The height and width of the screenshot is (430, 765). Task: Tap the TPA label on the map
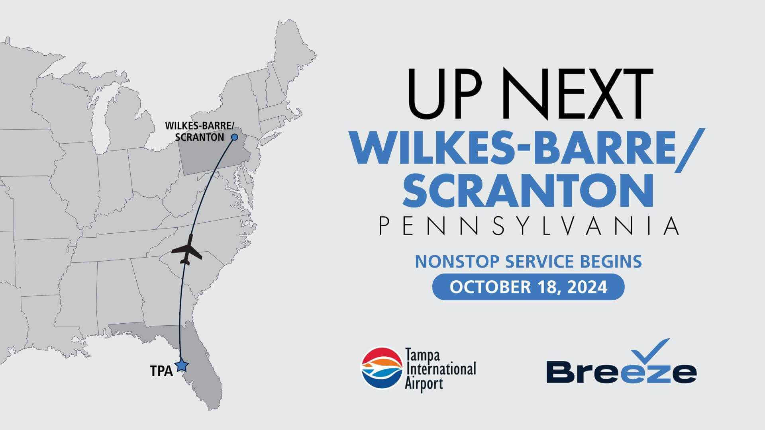(161, 371)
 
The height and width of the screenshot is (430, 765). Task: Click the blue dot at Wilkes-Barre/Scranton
(235, 137)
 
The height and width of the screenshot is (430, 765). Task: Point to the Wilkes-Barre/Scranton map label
(199, 132)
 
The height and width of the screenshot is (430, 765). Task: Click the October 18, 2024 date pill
(528, 287)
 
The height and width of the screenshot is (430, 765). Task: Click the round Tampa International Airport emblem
(382, 368)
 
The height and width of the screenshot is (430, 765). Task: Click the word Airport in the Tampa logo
(424, 384)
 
